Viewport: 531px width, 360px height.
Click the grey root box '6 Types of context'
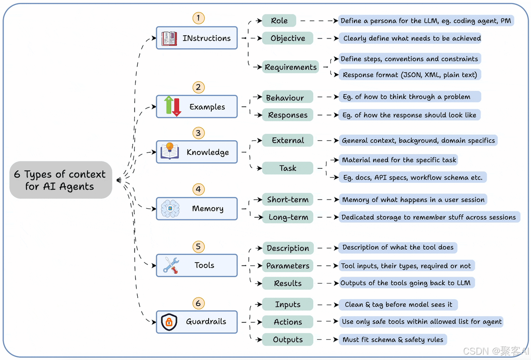coord(61,180)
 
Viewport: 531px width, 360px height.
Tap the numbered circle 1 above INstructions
coord(198,18)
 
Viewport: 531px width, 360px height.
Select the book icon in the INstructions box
coord(169,38)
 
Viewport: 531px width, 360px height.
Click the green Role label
coord(279,21)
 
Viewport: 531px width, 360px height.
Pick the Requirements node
coord(290,67)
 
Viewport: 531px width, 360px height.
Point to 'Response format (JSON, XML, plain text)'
coord(410,75)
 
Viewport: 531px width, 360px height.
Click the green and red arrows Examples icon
coord(173,106)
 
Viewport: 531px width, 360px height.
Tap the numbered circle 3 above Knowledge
coord(198,133)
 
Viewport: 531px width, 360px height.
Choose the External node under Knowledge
coord(287,141)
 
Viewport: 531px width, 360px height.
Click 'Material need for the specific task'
coord(399,160)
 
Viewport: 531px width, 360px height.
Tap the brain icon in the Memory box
coord(170,209)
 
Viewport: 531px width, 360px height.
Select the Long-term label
coord(288,217)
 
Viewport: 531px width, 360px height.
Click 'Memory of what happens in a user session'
coord(413,199)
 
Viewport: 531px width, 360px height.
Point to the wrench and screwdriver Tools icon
coord(171,265)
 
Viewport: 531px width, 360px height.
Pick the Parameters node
coord(287,266)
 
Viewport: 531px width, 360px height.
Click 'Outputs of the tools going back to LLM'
coord(406,283)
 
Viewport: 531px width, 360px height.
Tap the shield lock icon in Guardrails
coord(169,322)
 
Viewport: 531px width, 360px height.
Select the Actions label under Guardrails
coord(287,322)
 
